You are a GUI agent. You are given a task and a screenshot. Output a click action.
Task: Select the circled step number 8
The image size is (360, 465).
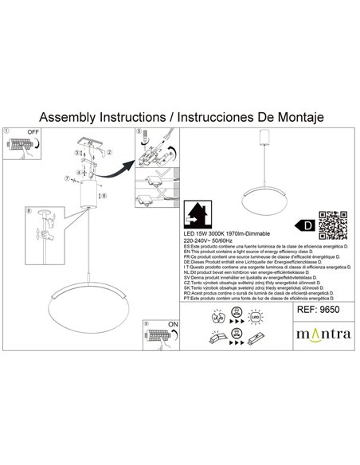click(29, 213)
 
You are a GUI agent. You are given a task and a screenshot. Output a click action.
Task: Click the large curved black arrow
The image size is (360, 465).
click(117, 170)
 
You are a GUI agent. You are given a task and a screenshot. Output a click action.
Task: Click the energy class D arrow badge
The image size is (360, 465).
click(303, 225)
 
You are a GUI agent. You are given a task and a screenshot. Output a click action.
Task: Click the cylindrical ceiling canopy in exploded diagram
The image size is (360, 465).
click(88, 193)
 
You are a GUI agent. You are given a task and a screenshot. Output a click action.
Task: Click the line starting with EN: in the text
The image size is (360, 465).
click(255, 251)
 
